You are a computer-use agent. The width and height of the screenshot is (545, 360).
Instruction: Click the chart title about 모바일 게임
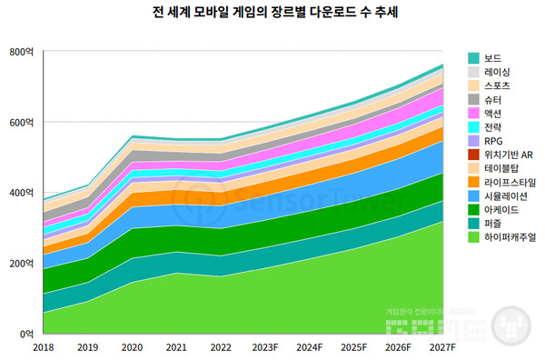[x=272, y=14]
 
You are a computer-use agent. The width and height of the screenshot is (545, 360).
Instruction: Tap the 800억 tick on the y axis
[x=20, y=52]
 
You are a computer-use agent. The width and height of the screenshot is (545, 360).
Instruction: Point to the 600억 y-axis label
[x=20, y=123]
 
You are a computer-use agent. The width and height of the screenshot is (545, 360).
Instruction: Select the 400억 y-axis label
[x=20, y=193]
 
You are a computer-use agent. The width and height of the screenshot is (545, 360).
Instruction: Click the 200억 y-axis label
[x=20, y=264]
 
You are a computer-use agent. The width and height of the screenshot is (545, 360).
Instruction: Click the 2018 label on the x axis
[x=44, y=346]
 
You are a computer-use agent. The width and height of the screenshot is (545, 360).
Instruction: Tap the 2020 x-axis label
[x=132, y=346]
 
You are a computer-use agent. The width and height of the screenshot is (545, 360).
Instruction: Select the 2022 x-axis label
[x=221, y=346]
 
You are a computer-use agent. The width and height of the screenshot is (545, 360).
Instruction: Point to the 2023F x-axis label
[x=265, y=346]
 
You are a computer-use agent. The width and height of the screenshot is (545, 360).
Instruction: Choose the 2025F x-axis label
[x=353, y=346]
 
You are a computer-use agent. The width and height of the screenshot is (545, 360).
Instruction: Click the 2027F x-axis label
[x=441, y=346]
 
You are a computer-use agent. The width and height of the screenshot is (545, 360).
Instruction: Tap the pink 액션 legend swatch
[x=473, y=114]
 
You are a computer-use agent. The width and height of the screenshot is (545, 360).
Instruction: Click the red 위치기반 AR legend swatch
[x=473, y=155]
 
